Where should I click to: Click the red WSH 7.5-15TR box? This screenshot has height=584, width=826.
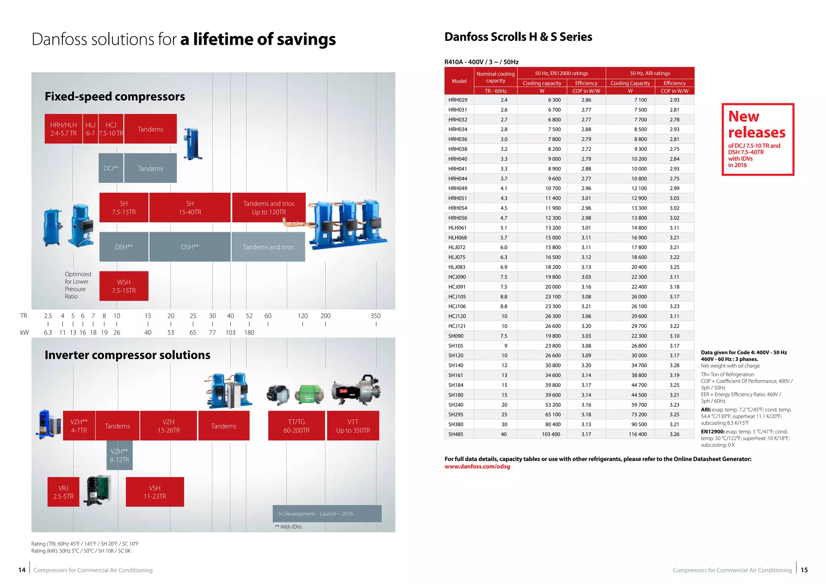[x=124, y=286]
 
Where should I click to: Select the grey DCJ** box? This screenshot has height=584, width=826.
[x=111, y=168]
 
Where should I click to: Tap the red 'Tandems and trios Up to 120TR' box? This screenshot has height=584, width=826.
[x=269, y=207]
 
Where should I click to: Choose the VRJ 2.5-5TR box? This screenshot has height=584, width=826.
[x=63, y=492]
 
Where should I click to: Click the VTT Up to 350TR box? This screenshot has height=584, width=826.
[x=353, y=425]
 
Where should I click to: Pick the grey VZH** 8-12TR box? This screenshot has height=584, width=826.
[x=119, y=455]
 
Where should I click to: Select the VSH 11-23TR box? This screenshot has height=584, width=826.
[x=155, y=492]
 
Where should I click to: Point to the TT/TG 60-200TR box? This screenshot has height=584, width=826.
[x=296, y=425]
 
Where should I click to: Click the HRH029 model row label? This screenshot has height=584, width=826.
[x=458, y=100]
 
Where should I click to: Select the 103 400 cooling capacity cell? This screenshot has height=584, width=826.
[x=551, y=434]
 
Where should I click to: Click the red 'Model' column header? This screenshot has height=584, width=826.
[x=459, y=81]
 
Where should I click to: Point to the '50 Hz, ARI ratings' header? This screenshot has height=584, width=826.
[x=650, y=73]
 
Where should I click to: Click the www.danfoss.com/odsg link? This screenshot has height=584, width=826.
[x=477, y=466]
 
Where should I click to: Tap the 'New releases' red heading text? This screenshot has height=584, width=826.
[x=757, y=124]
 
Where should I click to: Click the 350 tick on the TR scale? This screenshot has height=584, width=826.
[x=376, y=324]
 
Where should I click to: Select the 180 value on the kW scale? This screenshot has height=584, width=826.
[x=249, y=332]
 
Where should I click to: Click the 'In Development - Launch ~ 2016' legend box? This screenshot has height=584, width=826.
[x=327, y=513]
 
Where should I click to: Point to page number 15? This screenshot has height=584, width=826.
[x=804, y=570]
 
